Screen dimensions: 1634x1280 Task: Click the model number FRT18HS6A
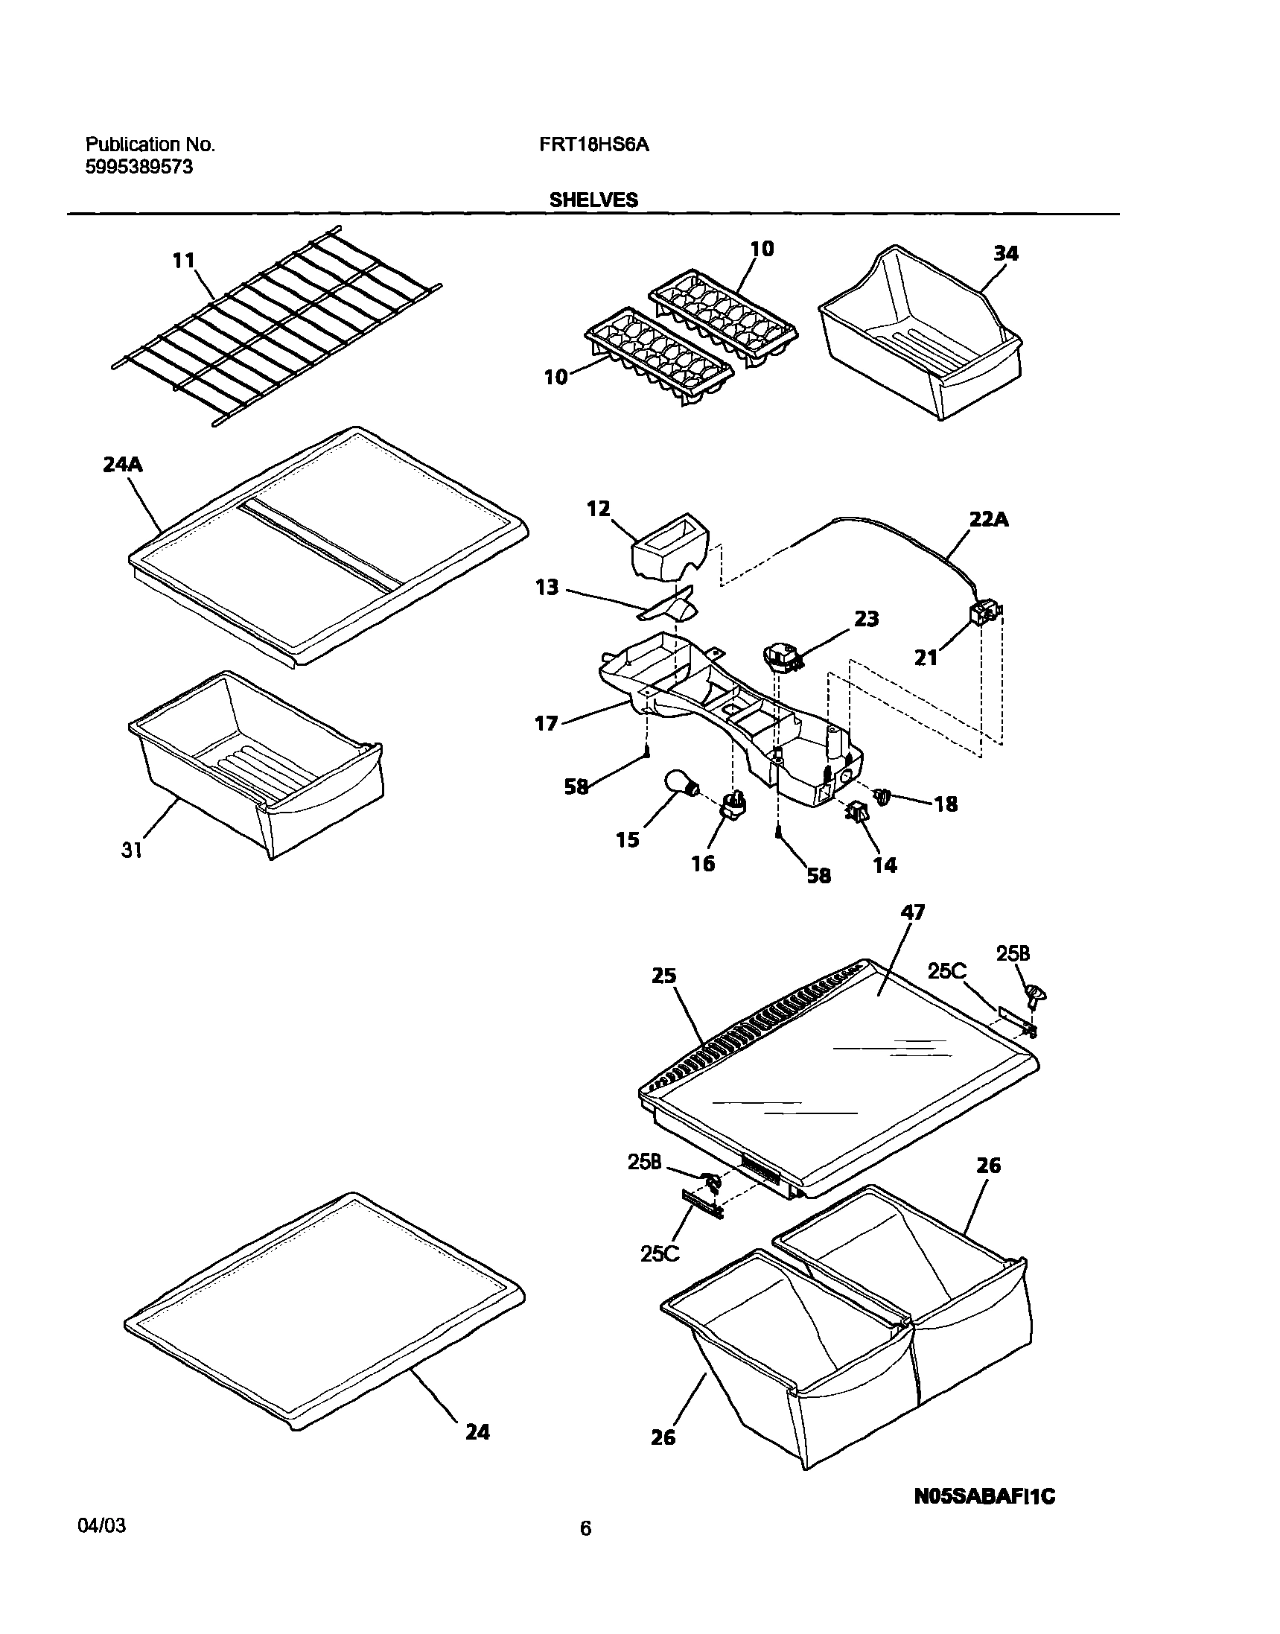(593, 144)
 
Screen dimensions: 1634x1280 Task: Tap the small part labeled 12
(670, 556)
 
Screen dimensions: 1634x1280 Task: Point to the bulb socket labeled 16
(733, 805)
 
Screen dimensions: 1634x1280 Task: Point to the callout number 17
(547, 723)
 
